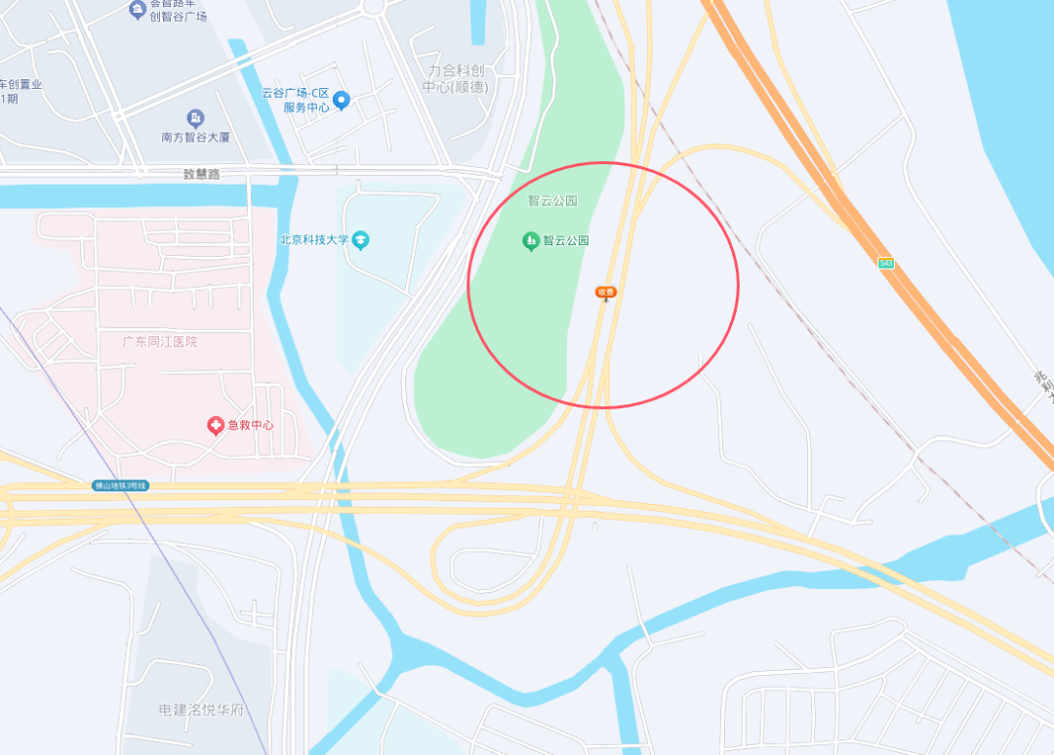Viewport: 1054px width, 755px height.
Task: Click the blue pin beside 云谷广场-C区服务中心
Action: coord(341,100)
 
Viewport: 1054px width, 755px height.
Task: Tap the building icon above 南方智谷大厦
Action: coord(195,119)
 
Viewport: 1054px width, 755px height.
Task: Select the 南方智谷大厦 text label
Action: coord(195,138)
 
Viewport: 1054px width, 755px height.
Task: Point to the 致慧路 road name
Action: coord(202,174)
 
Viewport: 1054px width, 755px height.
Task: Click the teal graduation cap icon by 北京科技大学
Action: coord(361,239)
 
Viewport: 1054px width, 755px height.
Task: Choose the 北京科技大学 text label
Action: coord(313,239)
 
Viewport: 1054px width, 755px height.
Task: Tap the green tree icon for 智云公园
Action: coord(531,240)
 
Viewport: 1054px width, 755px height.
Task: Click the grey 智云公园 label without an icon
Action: coord(552,201)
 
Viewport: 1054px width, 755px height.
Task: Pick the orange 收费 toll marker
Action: coord(606,292)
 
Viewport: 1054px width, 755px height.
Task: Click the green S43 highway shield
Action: coord(885,263)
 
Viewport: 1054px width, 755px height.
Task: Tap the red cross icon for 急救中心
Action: coord(216,425)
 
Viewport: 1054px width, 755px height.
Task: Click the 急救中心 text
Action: coord(251,425)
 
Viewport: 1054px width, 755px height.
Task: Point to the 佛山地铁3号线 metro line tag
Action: coord(120,485)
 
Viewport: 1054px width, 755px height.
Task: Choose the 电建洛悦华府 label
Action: coord(201,709)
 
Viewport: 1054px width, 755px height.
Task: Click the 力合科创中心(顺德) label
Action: coord(455,79)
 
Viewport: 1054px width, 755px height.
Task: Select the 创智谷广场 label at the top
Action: coord(178,16)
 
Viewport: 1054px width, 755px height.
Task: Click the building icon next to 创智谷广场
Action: coord(137,10)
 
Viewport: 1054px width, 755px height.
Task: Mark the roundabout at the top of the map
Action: coord(373,5)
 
